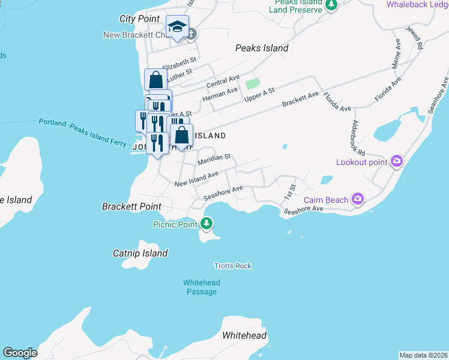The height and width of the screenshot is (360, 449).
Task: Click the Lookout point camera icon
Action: pyautogui.click(x=396, y=161)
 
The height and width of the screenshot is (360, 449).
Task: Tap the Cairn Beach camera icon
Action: pyautogui.click(x=358, y=198)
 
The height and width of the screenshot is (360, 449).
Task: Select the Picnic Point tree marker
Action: pyautogui.click(x=206, y=224)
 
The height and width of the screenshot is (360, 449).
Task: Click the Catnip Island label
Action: pyautogui.click(x=140, y=253)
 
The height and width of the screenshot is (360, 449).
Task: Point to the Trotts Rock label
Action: pyautogui.click(x=233, y=266)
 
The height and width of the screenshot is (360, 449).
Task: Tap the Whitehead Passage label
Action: pyautogui.click(x=201, y=287)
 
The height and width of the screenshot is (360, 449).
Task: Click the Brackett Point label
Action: pyautogui.click(x=131, y=206)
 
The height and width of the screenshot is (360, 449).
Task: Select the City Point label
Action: pyautogui.click(x=139, y=19)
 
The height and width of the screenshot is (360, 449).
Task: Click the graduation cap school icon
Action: pyautogui.click(x=177, y=27)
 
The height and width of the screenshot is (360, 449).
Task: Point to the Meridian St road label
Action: pyautogui.click(x=214, y=159)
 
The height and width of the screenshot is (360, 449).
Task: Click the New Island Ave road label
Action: pyautogui.click(x=196, y=179)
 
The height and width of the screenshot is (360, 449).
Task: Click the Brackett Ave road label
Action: pyautogui.click(x=301, y=98)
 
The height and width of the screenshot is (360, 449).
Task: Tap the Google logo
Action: pyautogui.click(x=20, y=353)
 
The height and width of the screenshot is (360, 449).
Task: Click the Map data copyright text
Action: pyautogui.click(x=423, y=355)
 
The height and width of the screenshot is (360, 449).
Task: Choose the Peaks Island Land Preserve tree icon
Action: pyautogui.click(x=331, y=5)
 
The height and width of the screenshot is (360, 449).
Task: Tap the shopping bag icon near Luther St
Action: pyautogui.click(x=155, y=79)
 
